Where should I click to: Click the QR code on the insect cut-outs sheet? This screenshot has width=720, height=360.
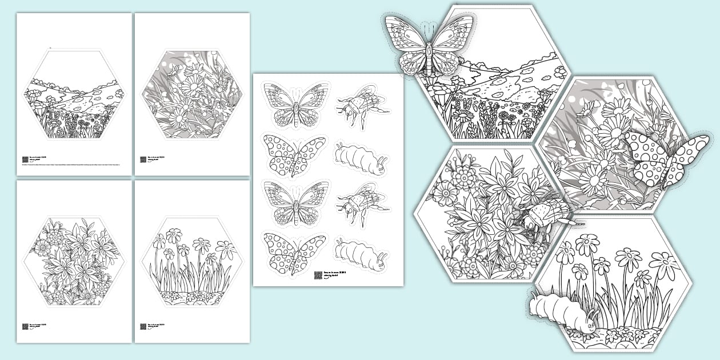(x=318, y=275)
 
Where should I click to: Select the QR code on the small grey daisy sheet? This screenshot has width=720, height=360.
(x=143, y=159)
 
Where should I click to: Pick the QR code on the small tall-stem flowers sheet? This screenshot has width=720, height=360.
(x=143, y=327)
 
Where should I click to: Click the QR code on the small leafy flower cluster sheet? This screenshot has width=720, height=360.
(x=25, y=327)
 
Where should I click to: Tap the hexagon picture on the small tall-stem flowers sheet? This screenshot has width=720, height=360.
(x=191, y=261)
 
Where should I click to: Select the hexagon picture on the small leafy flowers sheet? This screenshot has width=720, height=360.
(x=73, y=261)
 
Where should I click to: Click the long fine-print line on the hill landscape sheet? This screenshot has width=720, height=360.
(x=74, y=164)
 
